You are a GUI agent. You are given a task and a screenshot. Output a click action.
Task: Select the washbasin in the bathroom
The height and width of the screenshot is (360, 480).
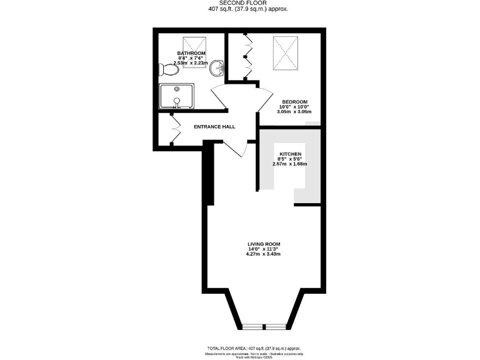(x=216, y=67)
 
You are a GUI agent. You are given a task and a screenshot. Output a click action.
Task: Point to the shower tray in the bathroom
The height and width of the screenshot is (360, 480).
(x=177, y=97)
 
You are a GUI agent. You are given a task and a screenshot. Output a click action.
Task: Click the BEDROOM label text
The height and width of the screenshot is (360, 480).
(x=294, y=102)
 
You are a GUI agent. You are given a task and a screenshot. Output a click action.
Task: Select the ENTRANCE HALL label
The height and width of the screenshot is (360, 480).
(x=214, y=127)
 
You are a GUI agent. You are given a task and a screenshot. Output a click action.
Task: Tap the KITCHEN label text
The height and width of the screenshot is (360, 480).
(x=291, y=154)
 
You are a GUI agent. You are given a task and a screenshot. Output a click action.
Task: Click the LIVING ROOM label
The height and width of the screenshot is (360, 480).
(x=264, y=244)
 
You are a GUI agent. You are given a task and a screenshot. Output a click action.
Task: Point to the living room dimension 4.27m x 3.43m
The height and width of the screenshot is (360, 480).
(x=264, y=254)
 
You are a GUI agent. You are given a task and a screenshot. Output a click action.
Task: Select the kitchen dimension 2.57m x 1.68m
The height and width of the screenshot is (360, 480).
(x=290, y=164)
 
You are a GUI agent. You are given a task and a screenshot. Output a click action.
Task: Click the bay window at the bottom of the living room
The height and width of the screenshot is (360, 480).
(x=263, y=326)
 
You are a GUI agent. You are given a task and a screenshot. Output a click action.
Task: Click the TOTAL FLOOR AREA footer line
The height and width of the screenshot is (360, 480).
(x=254, y=347)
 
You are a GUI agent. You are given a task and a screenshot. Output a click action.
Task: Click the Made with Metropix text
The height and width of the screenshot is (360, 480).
(x=254, y=357)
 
